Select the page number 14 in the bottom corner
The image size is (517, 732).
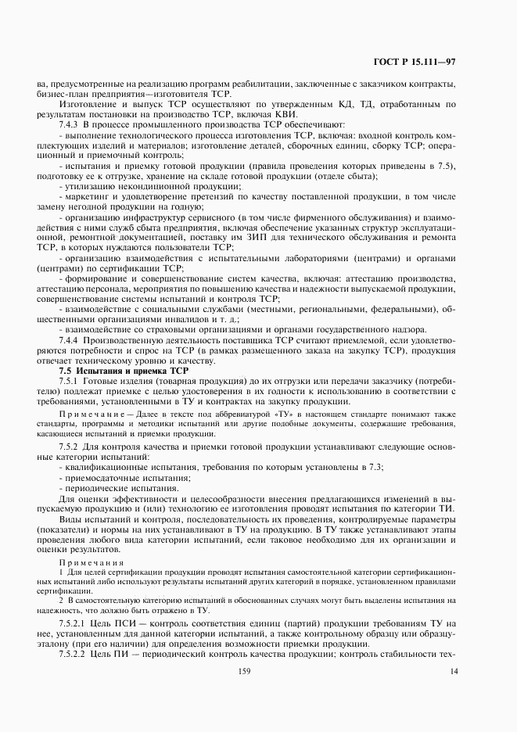click(x=453, y=670)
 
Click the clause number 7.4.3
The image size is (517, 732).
click(x=73, y=124)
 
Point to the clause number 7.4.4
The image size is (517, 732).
click(x=73, y=341)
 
